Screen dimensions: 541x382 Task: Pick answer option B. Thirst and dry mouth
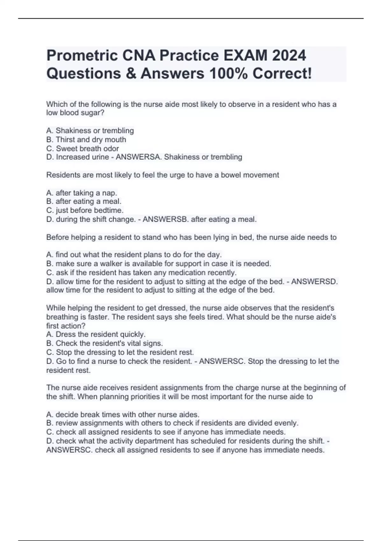86,140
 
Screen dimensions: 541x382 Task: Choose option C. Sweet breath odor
83,149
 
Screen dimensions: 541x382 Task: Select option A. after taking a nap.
82,193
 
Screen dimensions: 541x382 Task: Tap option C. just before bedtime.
85,210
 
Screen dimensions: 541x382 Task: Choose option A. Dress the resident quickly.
96,334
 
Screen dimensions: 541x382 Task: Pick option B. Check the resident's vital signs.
105,343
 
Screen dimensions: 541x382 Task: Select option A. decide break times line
123,415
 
